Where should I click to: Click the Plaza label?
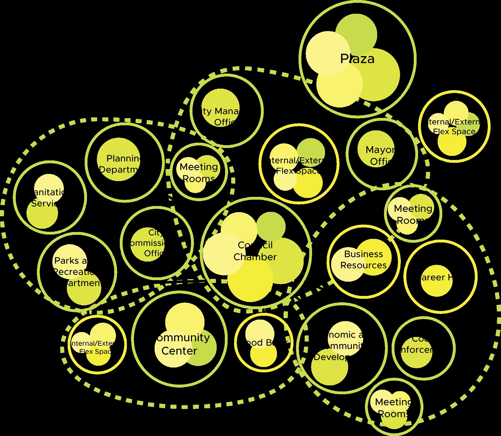pyautogui.click(x=357, y=59)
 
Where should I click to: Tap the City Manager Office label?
pyautogui.click(x=220, y=117)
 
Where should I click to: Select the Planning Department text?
pyautogui.click(x=120, y=164)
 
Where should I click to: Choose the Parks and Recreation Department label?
pyautogui.click(x=76, y=272)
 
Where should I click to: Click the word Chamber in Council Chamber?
pyautogui.click(x=255, y=257)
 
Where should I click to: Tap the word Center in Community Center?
pyautogui.click(x=179, y=351)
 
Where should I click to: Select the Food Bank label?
pyautogui.click(x=262, y=343)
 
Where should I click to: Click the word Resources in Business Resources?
pyautogui.click(x=363, y=265)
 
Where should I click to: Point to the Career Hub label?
pyautogui.click(x=436, y=277)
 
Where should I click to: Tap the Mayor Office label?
pyautogui.click(x=380, y=155)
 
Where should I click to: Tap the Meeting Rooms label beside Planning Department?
pyautogui.click(x=199, y=173)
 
